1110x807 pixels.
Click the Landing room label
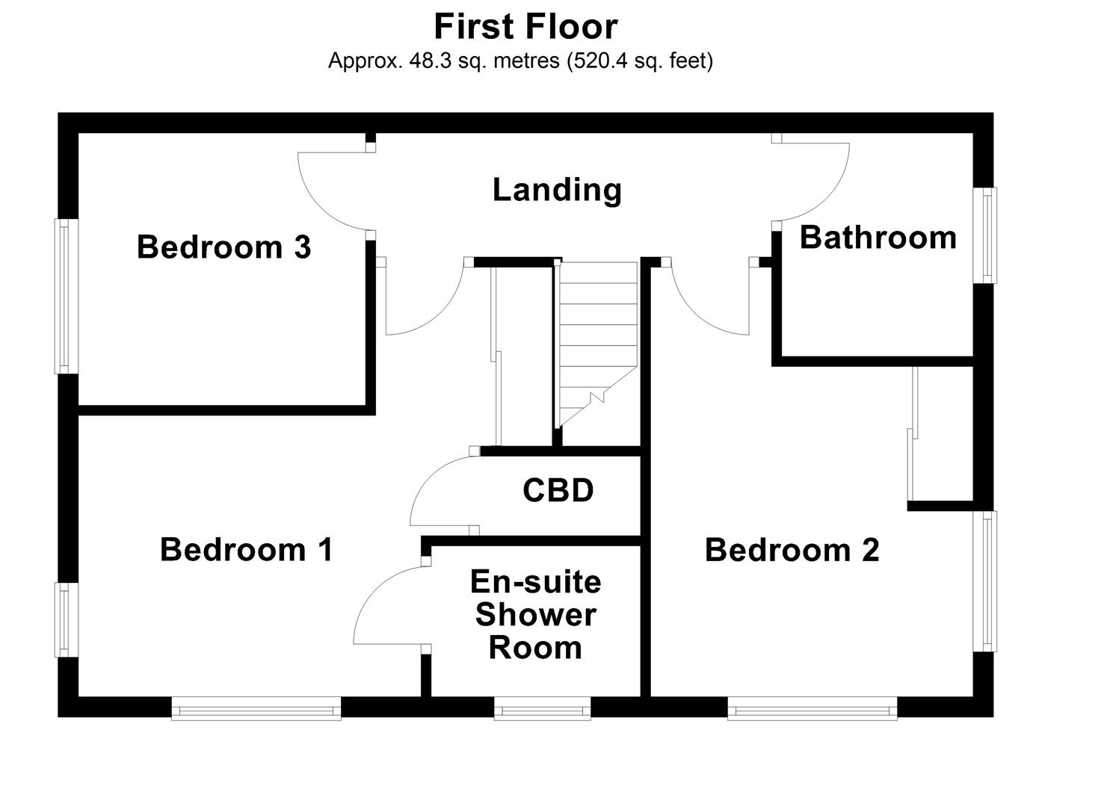(x=557, y=190)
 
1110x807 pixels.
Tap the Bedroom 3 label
(x=223, y=247)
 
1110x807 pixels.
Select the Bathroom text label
(x=878, y=238)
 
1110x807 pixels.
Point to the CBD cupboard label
(x=558, y=491)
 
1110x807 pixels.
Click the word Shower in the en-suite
(x=535, y=615)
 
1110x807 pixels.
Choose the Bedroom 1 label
(x=247, y=550)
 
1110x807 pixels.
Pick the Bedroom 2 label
(x=792, y=551)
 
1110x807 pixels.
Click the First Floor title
(x=525, y=27)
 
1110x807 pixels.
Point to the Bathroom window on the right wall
(x=985, y=235)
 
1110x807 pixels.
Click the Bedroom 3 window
(x=66, y=296)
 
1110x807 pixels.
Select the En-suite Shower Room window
(x=542, y=708)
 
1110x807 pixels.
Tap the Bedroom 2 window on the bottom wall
(x=812, y=708)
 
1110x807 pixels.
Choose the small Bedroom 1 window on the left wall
(x=66, y=619)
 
